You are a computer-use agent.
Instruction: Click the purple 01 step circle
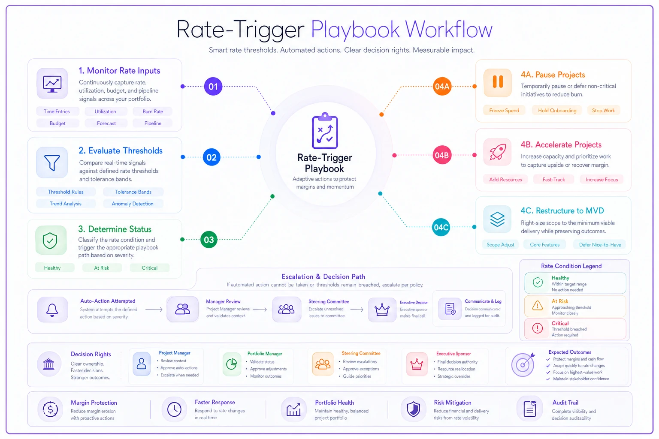point(213,87)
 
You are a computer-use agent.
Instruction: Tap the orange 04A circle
point(442,87)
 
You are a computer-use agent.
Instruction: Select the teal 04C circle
point(441,227)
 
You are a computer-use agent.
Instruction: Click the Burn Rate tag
point(153,111)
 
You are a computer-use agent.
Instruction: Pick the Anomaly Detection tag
point(133,204)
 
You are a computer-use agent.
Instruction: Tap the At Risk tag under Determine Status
point(102,268)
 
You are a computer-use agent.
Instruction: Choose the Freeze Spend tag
point(504,111)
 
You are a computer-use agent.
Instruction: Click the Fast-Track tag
point(553,180)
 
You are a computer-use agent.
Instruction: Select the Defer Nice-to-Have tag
point(600,245)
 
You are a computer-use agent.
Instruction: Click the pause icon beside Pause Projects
point(498,82)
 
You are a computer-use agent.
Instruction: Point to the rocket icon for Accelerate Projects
point(498,152)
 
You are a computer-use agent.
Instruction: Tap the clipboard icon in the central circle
point(325,131)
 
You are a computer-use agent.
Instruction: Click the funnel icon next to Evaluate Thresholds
point(52,162)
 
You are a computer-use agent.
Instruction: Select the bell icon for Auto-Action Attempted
point(52,310)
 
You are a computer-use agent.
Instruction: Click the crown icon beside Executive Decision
point(382,310)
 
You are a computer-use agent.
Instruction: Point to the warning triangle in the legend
point(538,306)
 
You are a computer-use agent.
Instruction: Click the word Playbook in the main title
point(355,30)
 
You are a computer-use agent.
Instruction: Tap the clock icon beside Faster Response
point(174,409)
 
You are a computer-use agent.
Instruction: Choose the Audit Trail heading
point(565,403)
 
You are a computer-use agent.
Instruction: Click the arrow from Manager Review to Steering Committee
point(260,310)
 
